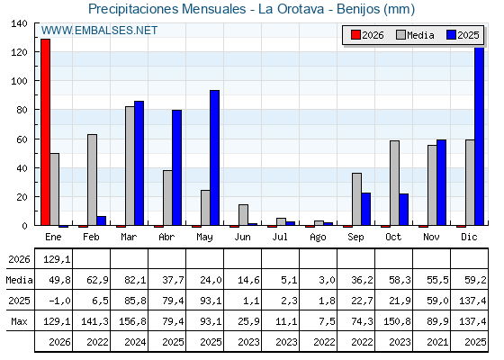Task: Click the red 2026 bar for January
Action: click(x=45, y=132)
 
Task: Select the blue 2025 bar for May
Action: click(x=214, y=157)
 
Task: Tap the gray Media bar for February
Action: click(x=92, y=180)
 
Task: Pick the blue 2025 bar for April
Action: click(x=176, y=167)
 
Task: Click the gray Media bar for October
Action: click(x=394, y=183)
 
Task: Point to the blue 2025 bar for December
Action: click(x=479, y=136)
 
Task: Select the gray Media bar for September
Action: click(x=356, y=199)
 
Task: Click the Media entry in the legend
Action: click(x=415, y=35)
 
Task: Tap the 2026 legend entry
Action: click(x=367, y=35)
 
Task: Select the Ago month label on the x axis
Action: click(x=318, y=238)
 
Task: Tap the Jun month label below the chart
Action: click(x=242, y=238)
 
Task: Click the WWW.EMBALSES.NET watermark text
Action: click(x=99, y=31)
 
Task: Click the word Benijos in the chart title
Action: click(x=358, y=9)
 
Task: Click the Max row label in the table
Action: click(x=19, y=321)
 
